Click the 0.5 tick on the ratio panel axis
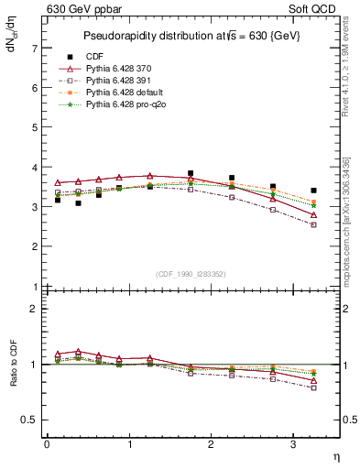click(x=31, y=420)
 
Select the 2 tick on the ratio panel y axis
click(x=35, y=309)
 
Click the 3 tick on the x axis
click(x=292, y=444)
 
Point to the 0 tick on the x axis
click(x=47, y=444)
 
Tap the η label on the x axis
click(x=335, y=456)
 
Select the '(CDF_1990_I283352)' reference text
click(x=192, y=274)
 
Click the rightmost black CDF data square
click(x=313, y=191)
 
